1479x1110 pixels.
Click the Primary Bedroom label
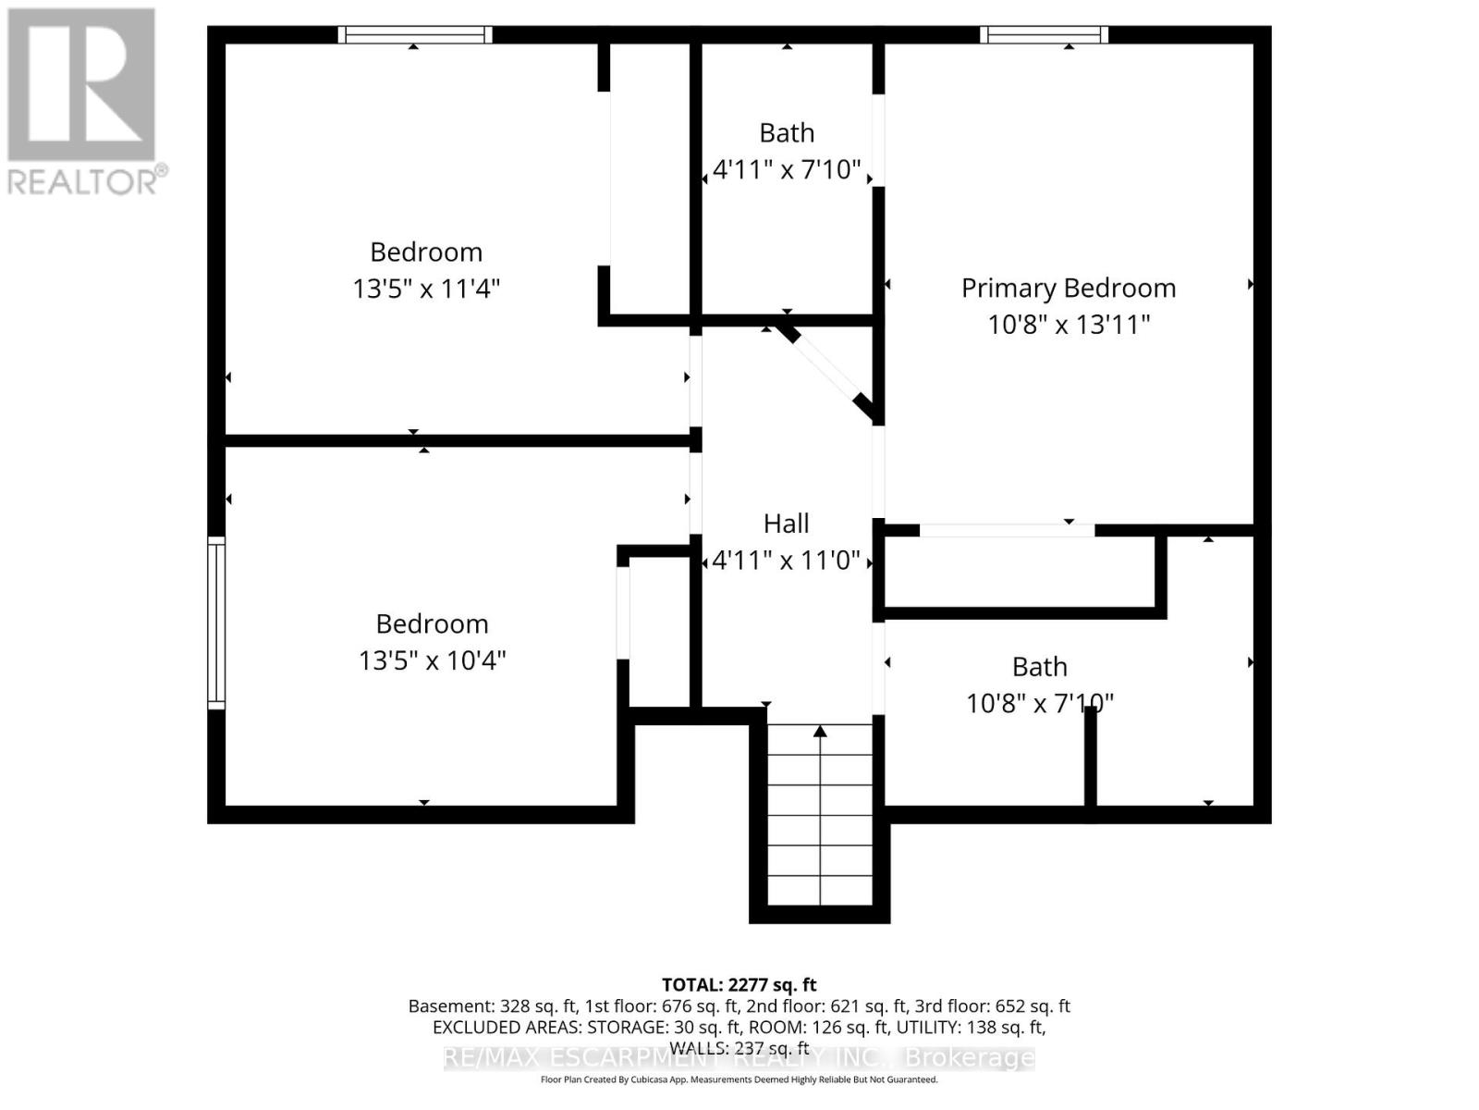point(1068,288)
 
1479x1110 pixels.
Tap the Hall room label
point(786,524)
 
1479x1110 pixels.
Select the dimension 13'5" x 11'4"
point(426,289)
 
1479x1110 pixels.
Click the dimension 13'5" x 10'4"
point(432,660)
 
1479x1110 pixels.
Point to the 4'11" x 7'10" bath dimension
point(787,170)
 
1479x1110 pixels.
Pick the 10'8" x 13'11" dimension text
point(1069,325)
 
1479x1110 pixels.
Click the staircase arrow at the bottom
point(820,733)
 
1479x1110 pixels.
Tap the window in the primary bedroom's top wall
point(1044,35)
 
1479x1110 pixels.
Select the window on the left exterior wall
point(215,623)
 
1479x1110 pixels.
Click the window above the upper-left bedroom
point(414,35)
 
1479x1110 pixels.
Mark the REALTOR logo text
point(88,179)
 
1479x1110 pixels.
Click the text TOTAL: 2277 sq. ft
point(739,984)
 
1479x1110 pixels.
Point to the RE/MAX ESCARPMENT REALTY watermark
point(739,1057)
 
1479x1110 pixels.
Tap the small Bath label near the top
point(787,133)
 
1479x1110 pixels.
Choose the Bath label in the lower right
point(1039,667)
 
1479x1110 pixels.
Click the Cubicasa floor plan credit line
point(739,1079)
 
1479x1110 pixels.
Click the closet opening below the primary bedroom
point(1007,530)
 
